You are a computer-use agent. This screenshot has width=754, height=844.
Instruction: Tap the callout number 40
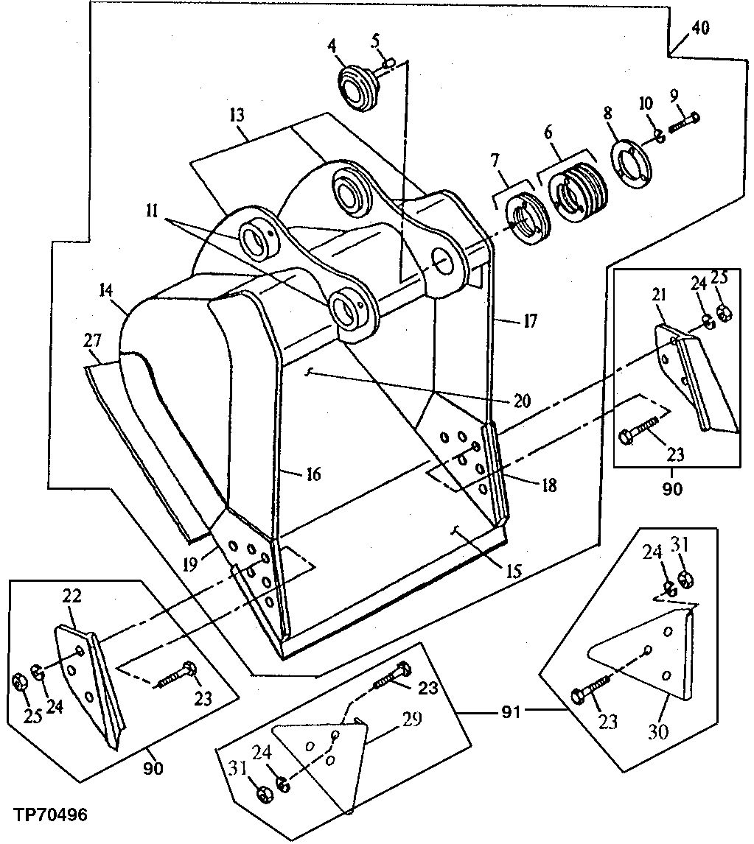[700, 28]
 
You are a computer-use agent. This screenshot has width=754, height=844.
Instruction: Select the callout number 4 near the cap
[332, 46]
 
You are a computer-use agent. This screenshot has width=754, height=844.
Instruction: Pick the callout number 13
[237, 116]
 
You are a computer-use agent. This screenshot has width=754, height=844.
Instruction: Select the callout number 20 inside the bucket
[522, 401]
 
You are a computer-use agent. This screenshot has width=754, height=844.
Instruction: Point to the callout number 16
[313, 474]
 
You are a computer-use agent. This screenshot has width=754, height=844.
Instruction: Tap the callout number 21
[658, 295]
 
